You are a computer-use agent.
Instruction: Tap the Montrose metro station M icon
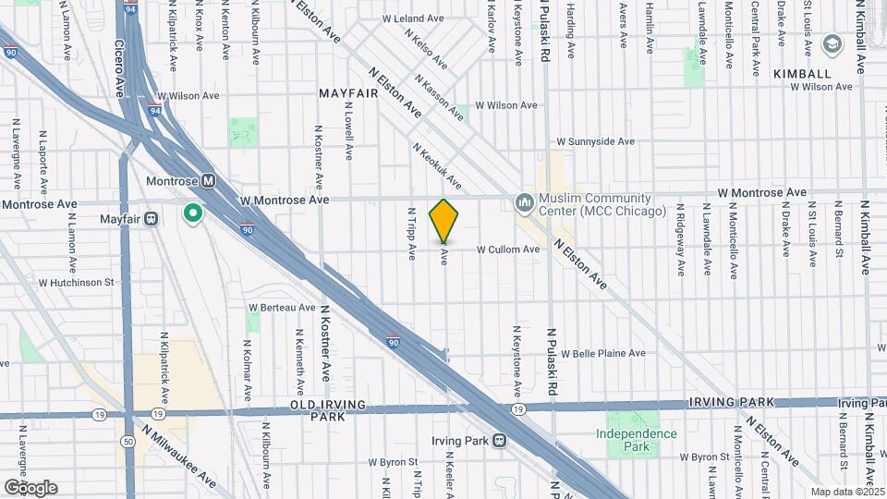[209, 181]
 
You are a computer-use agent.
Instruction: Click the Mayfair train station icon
[152, 219]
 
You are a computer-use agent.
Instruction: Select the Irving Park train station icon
[499, 440]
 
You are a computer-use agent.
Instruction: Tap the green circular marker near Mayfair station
[193, 214]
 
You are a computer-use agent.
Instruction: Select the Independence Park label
[636, 440]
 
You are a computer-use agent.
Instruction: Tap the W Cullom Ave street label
[508, 249]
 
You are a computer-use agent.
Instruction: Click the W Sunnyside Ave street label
[595, 142]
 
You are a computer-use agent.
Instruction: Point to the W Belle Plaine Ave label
[602, 353]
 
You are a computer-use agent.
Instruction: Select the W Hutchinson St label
[75, 283]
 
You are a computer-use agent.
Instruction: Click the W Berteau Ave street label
[282, 308]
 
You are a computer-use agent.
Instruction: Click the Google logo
[30, 487]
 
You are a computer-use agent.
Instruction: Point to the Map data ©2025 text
[846, 492]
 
